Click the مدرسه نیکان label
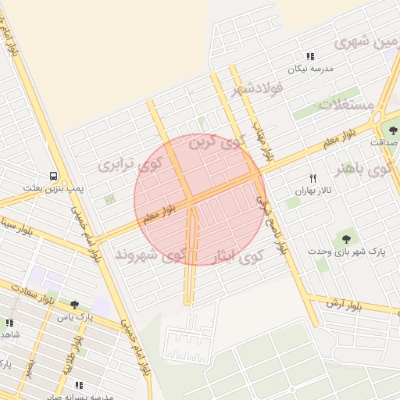[311, 69]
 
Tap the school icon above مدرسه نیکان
[310, 56]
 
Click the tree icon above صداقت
[393, 130]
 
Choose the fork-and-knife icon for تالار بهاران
[313, 178]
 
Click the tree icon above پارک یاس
[74, 305]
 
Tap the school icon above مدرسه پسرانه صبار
[80, 385]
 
